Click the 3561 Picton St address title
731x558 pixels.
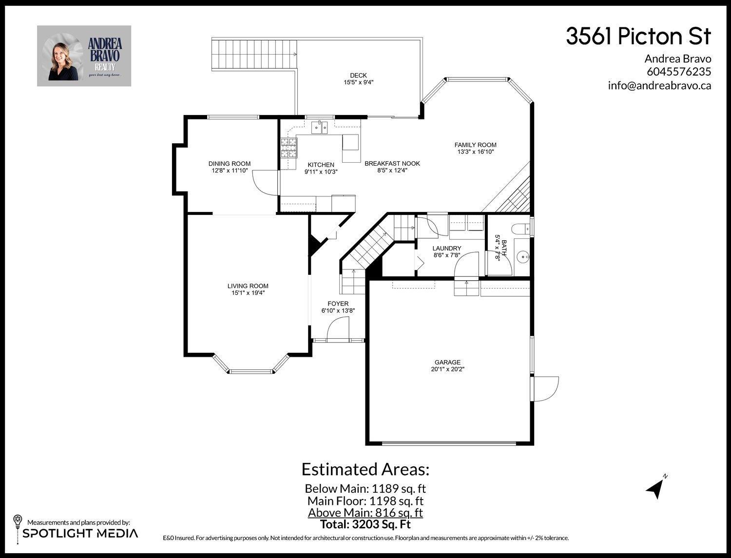point(638,37)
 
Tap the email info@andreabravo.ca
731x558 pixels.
point(659,85)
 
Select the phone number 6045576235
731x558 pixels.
point(679,72)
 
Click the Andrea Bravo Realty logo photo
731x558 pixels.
point(84,56)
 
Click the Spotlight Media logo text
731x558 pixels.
point(80,533)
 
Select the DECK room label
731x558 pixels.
point(358,76)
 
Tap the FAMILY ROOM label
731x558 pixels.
point(475,145)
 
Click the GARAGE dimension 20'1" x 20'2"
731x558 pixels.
point(447,369)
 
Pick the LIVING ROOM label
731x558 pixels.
point(248,286)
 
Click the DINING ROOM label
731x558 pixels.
point(229,164)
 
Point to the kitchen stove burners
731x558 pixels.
point(289,148)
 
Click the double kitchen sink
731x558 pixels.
point(320,128)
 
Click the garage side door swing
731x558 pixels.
point(545,388)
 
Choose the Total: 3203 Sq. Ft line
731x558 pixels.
point(365,524)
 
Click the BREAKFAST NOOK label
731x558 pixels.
point(392,164)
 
